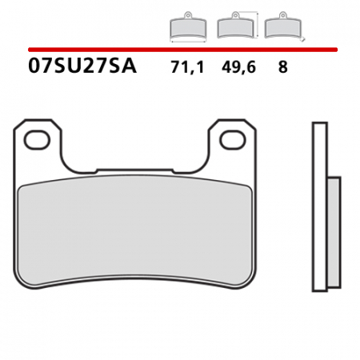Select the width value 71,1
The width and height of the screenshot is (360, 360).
pyautogui.click(x=187, y=68)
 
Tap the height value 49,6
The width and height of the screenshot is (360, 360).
pyautogui.click(x=234, y=68)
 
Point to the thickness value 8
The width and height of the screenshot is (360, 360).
pyautogui.click(x=282, y=68)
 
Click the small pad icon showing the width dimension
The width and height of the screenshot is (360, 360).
pyautogui.click(x=187, y=30)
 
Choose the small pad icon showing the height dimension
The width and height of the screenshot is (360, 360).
pyautogui.click(x=233, y=29)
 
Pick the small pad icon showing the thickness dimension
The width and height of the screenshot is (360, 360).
pyautogui.click(x=278, y=29)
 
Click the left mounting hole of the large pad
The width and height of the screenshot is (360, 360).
pyautogui.click(x=37, y=141)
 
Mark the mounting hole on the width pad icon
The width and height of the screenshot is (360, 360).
pyautogui.click(x=187, y=16)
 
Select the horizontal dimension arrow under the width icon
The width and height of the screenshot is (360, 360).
pyautogui.click(x=187, y=42)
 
